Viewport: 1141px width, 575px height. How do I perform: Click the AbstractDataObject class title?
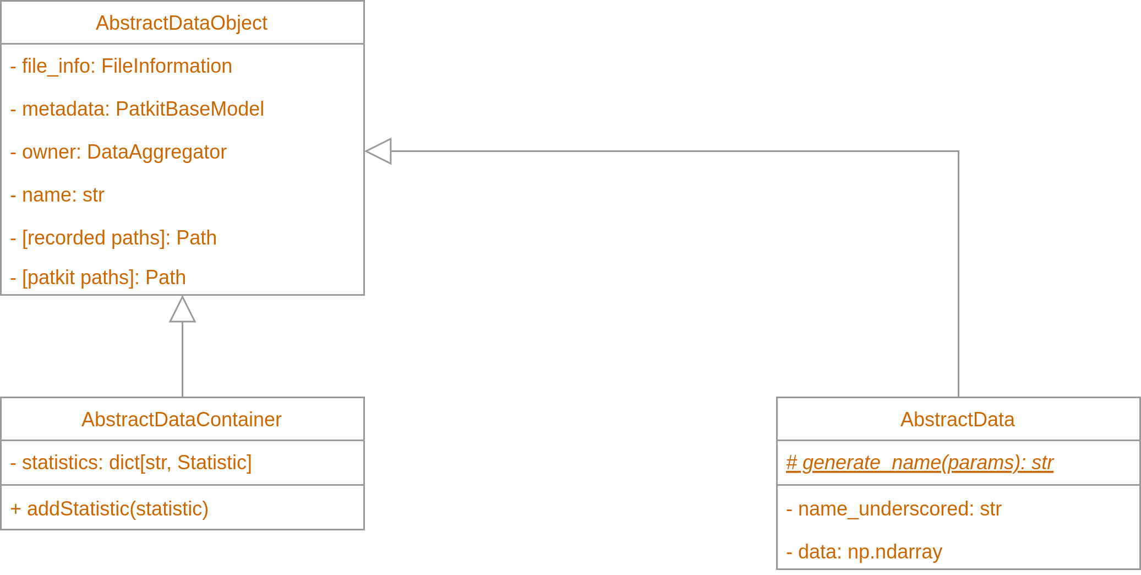[181, 23]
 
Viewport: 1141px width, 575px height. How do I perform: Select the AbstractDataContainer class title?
[181, 420]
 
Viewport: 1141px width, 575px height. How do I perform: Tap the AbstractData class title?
[957, 420]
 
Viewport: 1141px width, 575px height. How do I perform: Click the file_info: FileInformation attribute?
[121, 66]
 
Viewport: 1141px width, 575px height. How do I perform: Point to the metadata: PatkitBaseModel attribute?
[137, 109]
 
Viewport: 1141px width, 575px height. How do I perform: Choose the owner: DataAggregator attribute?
[118, 152]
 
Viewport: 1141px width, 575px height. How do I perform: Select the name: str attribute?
[57, 195]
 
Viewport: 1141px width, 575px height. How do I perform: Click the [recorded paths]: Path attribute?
[113, 238]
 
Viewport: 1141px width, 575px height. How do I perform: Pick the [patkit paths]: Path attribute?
[98, 278]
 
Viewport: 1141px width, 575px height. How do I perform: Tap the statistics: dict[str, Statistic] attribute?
[131, 463]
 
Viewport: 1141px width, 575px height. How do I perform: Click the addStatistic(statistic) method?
[109, 509]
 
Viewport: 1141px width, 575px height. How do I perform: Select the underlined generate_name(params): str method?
[919, 463]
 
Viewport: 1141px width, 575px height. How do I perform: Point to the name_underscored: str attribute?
[893, 509]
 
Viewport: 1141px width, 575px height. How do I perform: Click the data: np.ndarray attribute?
[864, 552]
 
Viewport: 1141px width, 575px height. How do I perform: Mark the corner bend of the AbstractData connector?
[958, 151]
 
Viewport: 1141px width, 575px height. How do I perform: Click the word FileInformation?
[167, 66]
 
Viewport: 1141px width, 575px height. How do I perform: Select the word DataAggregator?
[157, 152]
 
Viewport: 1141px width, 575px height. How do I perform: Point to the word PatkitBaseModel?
[190, 109]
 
